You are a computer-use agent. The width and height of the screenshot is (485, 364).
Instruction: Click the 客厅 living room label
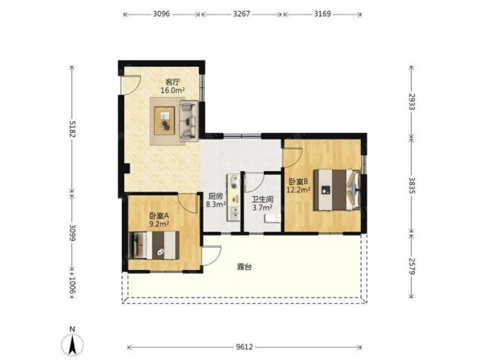pos(173,83)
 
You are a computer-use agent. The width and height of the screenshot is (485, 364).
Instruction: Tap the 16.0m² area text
pos(173,90)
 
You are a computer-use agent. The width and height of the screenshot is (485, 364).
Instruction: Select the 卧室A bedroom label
pos(159,216)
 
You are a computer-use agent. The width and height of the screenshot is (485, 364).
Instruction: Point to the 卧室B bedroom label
pos(298,182)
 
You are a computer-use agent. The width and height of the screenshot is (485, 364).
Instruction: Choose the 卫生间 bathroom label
pos(262,199)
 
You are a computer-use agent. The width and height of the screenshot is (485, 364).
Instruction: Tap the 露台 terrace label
pos(244,267)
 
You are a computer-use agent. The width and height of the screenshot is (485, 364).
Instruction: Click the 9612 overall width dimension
pos(244,347)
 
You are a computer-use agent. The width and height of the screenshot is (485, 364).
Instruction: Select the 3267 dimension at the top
pos(242,14)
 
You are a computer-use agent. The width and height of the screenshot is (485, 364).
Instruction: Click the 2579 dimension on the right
pos(411,265)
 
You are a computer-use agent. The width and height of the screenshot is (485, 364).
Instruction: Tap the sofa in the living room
pos(189,121)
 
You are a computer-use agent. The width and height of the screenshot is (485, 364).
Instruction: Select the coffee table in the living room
pos(164,120)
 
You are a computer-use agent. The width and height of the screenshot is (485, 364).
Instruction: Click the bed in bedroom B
pos(337,190)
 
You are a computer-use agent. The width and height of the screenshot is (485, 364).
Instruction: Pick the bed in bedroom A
pos(154,245)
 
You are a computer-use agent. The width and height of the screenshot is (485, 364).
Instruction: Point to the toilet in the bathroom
pos(272,218)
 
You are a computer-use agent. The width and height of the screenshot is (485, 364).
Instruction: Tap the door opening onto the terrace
pos(211,255)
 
